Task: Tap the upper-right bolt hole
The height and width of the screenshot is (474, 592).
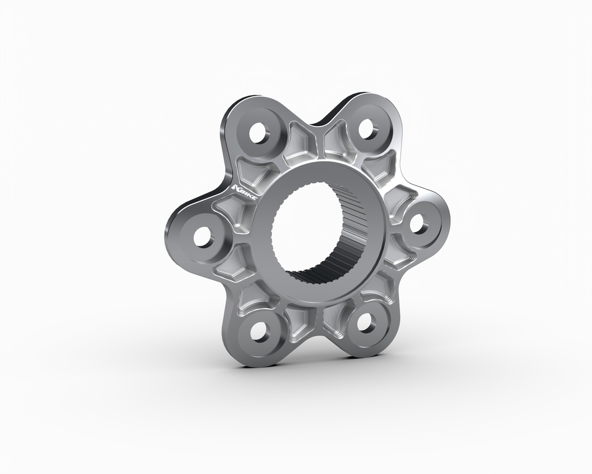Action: pos(366,129)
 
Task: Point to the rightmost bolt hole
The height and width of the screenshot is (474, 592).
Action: pos(417,224)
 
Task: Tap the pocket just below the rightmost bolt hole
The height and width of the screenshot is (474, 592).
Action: pos(398,254)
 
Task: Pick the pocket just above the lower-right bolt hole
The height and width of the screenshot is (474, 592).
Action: pos(376,287)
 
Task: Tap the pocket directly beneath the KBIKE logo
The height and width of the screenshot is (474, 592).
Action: pos(232,210)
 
